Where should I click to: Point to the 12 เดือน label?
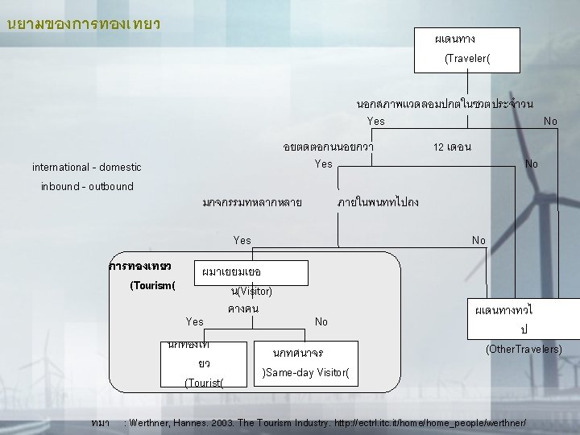(x=452, y=147)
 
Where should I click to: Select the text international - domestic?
(x=86, y=168)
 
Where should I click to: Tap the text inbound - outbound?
(x=88, y=187)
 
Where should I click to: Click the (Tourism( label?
(x=152, y=284)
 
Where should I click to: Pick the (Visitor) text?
(x=251, y=291)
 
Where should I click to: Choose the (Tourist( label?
(x=203, y=382)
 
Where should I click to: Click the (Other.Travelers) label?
(x=524, y=350)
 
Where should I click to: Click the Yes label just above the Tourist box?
(x=195, y=321)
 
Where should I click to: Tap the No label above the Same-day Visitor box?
(x=321, y=321)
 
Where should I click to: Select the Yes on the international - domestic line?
(x=323, y=164)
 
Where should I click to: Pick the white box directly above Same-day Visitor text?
(x=307, y=353)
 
